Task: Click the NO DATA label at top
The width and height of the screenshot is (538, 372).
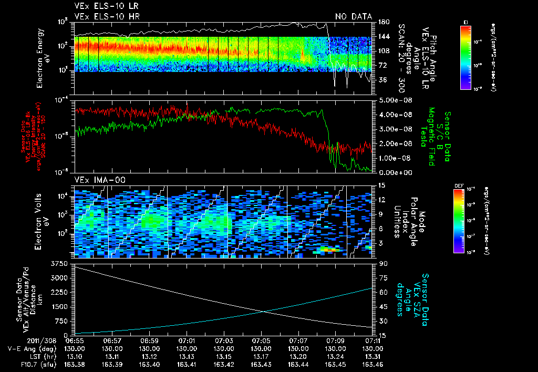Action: coord(354,17)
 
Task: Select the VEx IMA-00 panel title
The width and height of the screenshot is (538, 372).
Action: coord(100,180)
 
